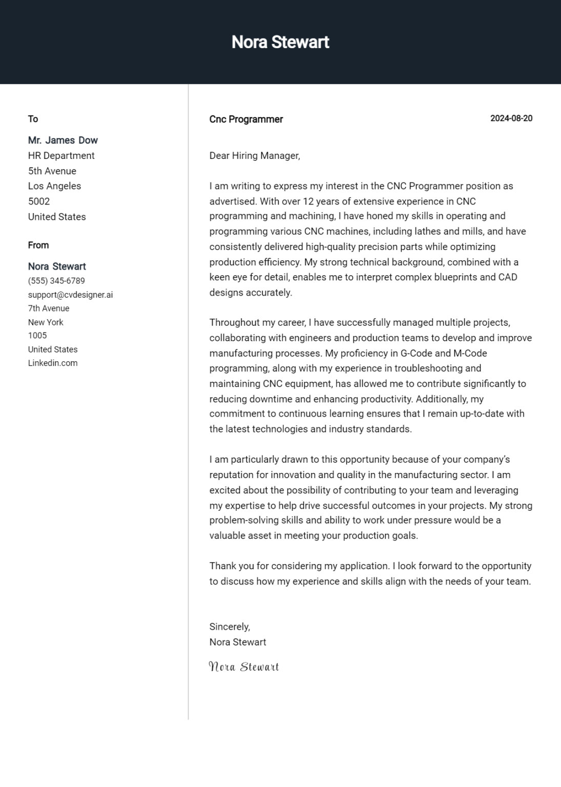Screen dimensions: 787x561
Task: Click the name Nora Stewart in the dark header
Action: pyautogui.click(x=280, y=42)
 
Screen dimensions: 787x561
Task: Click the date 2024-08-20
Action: pyautogui.click(x=511, y=118)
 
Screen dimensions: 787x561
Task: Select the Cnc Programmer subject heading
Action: pyautogui.click(x=246, y=119)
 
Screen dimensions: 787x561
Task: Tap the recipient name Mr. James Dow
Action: pyautogui.click(x=63, y=140)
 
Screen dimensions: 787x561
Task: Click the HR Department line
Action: pyautogui.click(x=61, y=156)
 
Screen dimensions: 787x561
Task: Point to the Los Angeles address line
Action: pyautogui.click(x=54, y=186)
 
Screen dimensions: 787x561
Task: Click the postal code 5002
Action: pyautogui.click(x=39, y=201)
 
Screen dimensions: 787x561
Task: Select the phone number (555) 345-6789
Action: pyautogui.click(x=56, y=281)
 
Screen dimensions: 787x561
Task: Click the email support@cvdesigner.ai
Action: pyautogui.click(x=70, y=295)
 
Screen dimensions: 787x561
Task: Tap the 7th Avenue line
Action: pyautogui.click(x=49, y=308)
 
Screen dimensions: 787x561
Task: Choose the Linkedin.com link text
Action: pyautogui.click(x=53, y=363)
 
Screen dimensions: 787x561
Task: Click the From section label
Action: pyautogui.click(x=38, y=245)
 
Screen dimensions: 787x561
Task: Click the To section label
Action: pyautogui.click(x=33, y=119)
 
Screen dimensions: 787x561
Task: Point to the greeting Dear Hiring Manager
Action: pyautogui.click(x=255, y=156)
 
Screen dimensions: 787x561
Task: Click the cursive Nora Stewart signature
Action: pyautogui.click(x=244, y=667)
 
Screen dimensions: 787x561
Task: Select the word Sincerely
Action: pyautogui.click(x=230, y=627)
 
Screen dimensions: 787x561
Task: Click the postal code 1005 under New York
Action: pyautogui.click(x=37, y=336)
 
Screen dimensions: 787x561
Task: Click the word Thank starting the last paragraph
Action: pyautogui.click(x=221, y=566)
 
